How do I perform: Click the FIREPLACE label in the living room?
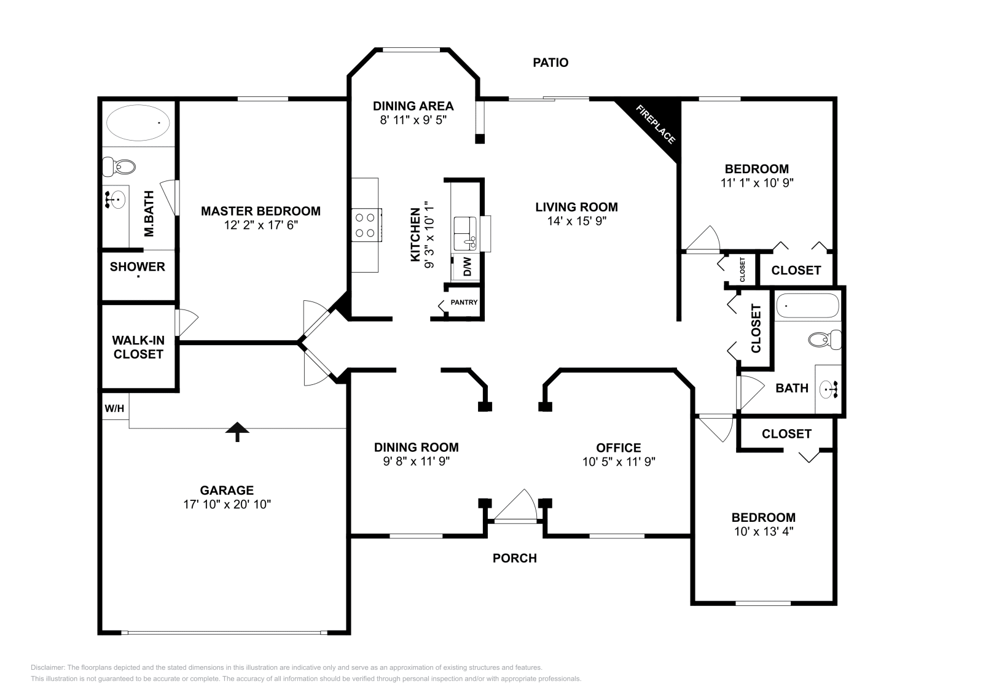[656, 125]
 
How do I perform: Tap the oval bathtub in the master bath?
[138, 123]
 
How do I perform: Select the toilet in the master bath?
[119, 166]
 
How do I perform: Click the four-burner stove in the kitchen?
[365, 225]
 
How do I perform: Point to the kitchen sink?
[465, 233]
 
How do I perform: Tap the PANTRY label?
[464, 303]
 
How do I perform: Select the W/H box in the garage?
[114, 408]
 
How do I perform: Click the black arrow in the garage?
[237, 431]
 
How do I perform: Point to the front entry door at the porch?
[515, 507]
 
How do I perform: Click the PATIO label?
[550, 63]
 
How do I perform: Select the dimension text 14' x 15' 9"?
[576, 221]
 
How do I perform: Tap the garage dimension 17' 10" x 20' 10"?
[227, 504]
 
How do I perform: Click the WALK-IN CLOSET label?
[138, 347]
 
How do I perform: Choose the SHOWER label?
[138, 266]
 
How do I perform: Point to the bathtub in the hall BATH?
[807, 306]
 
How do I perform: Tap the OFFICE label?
[619, 448]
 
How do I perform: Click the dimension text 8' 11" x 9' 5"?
[413, 120]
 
